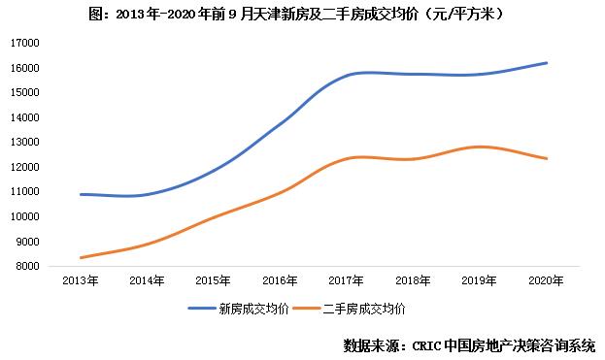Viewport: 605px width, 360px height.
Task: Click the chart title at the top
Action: pyautogui.click(x=302, y=15)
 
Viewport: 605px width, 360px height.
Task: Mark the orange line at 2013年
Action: pyautogui.click(x=81, y=257)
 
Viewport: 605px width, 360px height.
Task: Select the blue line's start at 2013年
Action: pyautogui.click(x=81, y=194)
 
